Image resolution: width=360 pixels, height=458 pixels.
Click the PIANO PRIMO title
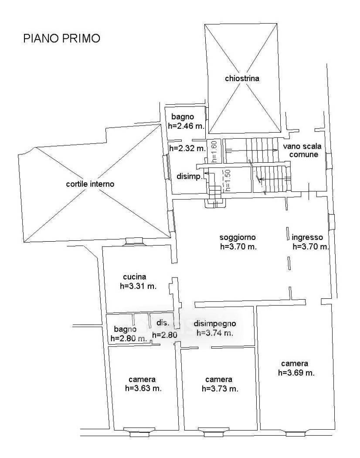[61, 38]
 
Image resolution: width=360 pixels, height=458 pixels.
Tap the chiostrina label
[242, 78]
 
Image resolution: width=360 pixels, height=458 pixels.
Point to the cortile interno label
[90, 184]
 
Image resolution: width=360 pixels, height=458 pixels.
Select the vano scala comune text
[302, 150]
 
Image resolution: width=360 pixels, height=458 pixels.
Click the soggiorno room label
[238, 237]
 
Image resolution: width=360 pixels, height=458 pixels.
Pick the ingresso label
[307, 237]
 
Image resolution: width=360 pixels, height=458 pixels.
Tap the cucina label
[135, 277]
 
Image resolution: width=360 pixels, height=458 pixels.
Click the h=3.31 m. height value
[138, 286]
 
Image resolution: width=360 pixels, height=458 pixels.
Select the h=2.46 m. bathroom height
[186, 126]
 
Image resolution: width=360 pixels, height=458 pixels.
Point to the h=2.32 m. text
[187, 148]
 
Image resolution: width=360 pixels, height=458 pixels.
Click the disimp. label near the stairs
[190, 177]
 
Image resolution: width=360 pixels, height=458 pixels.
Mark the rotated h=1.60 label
[215, 151]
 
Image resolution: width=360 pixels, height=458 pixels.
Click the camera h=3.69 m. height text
[296, 373]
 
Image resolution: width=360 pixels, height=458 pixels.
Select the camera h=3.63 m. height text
[143, 389]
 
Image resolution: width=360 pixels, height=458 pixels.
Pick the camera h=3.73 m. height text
[220, 389]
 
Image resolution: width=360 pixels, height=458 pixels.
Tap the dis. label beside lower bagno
[163, 323]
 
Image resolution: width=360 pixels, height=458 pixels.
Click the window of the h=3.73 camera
[214, 432]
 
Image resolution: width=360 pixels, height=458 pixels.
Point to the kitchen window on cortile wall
[134, 241]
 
